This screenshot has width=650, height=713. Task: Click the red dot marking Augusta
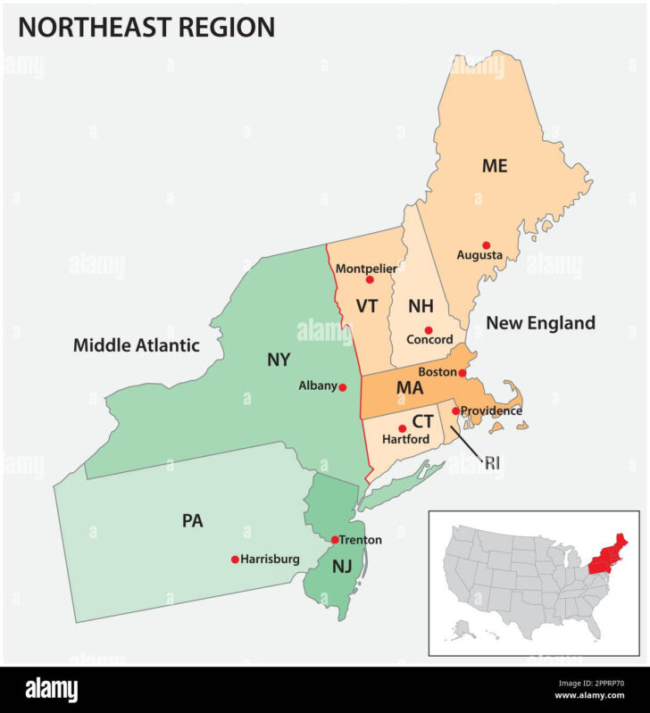[x=487, y=245]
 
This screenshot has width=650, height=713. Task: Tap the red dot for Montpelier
[x=369, y=279]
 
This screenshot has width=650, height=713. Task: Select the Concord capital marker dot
[x=429, y=329]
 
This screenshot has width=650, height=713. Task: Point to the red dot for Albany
[x=343, y=387]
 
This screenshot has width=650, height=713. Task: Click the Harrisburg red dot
[x=235, y=560]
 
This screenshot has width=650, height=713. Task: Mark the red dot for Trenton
[x=335, y=540]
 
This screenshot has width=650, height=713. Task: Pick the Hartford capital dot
[x=402, y=429]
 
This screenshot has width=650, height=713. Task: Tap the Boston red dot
[x=462, y=373]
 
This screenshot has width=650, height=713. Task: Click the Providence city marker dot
[x=455, y=410]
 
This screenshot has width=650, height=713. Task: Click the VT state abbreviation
[x=367, y=306]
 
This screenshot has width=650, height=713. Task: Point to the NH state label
[x=421, y=306]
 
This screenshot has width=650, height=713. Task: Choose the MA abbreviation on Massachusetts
[x=410, y=388]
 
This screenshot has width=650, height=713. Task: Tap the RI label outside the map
[x=493, y=462]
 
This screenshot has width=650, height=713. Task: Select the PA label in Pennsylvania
[x=192, y=520]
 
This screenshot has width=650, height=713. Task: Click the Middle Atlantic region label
[x=137, y=345]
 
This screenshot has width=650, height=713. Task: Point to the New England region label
[x=540, y=323]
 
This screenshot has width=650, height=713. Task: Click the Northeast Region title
[x=146, y=28]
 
